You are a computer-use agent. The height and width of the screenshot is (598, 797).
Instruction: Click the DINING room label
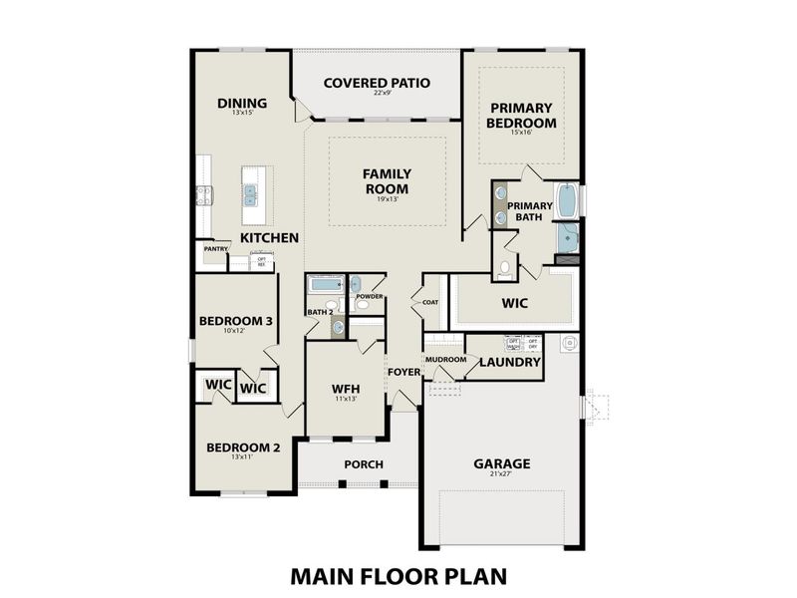point(242,103)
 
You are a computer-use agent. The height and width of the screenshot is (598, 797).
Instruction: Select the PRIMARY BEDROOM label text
point(519,115)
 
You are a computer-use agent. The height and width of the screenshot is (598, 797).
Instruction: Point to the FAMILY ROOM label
point(387,181)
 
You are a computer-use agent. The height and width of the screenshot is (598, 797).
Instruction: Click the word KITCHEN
point(269,238)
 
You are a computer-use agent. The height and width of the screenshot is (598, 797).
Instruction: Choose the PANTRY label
point(216,249)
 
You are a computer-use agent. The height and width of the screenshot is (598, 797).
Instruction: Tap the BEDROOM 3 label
point(236,320)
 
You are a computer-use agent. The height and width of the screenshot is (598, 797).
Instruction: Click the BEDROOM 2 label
point(243,448)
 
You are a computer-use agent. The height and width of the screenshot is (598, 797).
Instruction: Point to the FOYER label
point(403,372)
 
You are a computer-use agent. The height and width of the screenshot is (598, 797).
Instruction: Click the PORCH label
point(364,464)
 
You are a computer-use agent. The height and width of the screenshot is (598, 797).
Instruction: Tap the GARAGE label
point(501,463)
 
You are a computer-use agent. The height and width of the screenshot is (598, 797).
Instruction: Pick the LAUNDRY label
point(509,362)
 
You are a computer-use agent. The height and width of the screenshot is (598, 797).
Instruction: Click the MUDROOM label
point(445,359)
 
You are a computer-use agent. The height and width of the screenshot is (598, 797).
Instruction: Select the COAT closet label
point(429,303)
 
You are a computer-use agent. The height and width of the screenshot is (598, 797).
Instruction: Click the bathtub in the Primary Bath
point(567,200)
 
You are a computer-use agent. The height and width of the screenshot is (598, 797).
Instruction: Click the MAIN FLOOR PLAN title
point(398,575)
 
